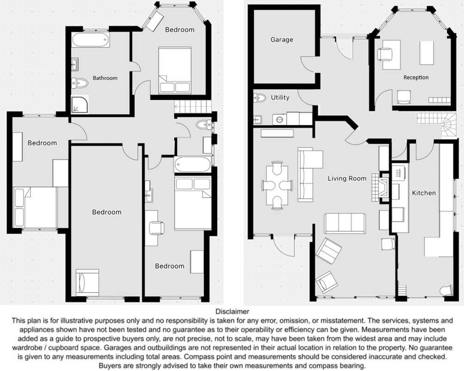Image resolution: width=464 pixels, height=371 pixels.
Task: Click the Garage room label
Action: [x=282, y=40]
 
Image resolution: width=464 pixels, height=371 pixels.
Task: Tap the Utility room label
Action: [x=280, y=97]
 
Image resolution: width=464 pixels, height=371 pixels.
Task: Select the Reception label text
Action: [x=416, y=78]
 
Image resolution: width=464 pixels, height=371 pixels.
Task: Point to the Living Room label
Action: [x=347, y=178]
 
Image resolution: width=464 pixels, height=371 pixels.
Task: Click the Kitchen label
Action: [x=424, y=193]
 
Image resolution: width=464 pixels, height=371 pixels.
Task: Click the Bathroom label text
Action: [x=105, y=78]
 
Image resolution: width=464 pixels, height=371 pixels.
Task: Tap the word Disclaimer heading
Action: [x=232, y=311]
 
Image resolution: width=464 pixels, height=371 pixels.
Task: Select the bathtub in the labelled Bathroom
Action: [x=90, y=40]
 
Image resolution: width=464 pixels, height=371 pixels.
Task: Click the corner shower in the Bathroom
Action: [x=80, y=104]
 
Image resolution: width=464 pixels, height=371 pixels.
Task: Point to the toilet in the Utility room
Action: [x=260, y=97]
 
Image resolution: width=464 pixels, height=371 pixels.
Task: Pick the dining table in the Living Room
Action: [x=277, y=186]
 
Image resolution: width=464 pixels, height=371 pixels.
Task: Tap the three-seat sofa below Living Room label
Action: [x=345, y=223]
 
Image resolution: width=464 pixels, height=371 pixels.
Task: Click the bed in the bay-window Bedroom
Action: [x=175, y=70]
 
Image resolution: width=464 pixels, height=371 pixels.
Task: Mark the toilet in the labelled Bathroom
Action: [x=80, y=83]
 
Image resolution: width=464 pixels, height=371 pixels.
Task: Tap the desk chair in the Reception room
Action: [x=385, y=55]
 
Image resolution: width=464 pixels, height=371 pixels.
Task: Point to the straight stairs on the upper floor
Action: [x=193, y=106]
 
